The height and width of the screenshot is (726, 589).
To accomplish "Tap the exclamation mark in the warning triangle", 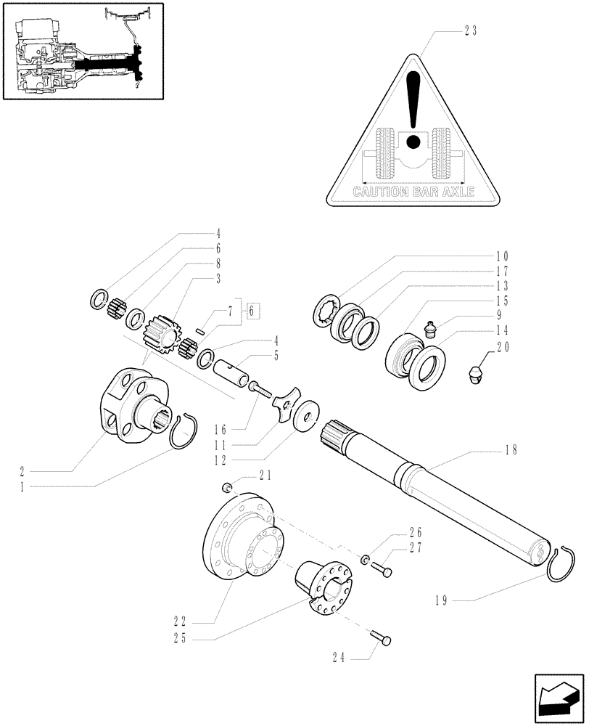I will [413, 109].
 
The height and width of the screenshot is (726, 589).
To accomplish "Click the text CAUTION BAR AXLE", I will [413, 192].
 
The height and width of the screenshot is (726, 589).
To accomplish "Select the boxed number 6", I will [251, 311].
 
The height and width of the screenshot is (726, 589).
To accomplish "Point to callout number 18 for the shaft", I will [511, 450].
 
